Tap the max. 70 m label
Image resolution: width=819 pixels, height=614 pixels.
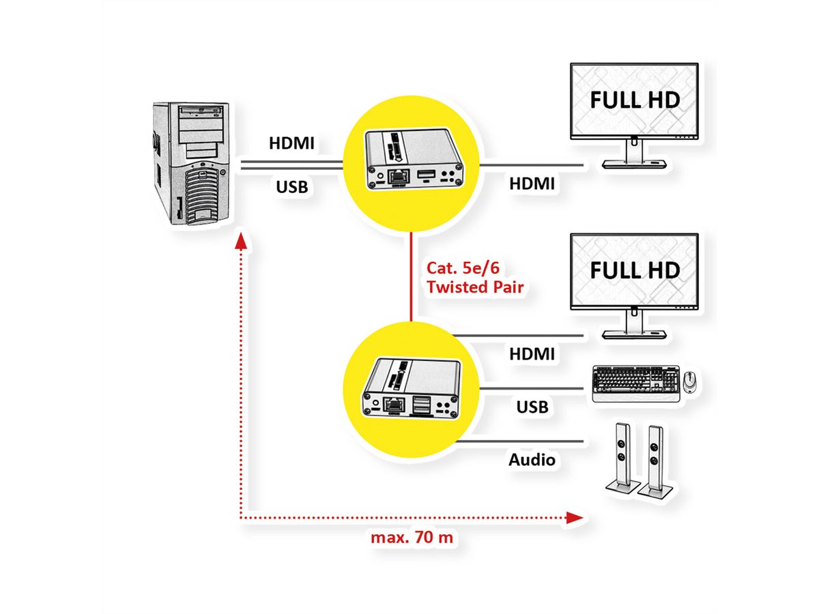(412, 538)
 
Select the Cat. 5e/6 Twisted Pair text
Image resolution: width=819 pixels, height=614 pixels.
(474, 277)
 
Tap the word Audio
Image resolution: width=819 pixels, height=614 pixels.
(532, 460)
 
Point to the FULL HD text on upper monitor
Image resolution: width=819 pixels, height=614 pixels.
(635, 100)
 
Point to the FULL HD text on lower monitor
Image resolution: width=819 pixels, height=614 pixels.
(635, 269)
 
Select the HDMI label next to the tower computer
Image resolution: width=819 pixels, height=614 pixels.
(291, 144)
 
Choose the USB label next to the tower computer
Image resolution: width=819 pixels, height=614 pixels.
(291, 185)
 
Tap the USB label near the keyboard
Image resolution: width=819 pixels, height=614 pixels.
(532, 407)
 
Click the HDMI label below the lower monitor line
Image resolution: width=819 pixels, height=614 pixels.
(532, 353)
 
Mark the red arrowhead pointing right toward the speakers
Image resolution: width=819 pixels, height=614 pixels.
(576, 518)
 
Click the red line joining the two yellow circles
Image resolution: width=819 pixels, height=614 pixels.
(412, 276)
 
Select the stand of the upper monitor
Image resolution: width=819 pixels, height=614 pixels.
(633, 156)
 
